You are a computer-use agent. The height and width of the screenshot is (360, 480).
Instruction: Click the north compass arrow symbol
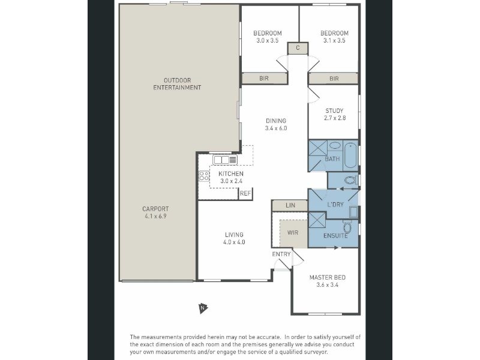pos(203,308)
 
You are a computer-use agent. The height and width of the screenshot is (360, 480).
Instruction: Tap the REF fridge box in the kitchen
pos(245,193)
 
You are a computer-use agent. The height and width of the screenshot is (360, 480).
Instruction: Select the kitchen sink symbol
pos(226,160)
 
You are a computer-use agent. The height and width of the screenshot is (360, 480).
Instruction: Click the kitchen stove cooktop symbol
pos(204,176)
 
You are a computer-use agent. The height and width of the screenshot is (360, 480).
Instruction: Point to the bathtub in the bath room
pos(350,156)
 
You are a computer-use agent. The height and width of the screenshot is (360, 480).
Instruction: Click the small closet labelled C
pos(298,48)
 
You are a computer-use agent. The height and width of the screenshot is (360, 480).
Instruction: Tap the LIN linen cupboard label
pos(290,205)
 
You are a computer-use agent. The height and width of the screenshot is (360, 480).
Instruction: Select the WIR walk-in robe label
pos(293,233)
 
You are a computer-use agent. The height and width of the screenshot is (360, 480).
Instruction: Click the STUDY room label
pos(334,111)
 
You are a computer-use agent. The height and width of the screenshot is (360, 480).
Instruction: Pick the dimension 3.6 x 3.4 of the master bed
pos(327,285)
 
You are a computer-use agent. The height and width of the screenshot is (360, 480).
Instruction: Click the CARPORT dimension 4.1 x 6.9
pos(155,217)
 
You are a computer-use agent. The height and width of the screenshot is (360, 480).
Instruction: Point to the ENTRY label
pos(281,254)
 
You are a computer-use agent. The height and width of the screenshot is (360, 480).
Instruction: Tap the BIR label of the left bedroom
pos(264,79)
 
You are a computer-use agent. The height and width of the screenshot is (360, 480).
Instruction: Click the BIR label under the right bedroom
pos(334,79)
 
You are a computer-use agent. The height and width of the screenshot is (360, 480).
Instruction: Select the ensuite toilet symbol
pos(347,226)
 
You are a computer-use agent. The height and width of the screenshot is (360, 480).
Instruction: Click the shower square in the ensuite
pos(317,220)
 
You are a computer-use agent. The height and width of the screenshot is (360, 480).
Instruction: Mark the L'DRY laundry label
pos(335,205)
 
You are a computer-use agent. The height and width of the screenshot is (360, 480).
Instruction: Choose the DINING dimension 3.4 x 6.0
pos(276,128)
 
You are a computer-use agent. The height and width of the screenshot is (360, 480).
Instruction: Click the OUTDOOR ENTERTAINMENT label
pos(177,84)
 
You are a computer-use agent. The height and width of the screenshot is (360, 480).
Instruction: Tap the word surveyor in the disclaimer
pos(316,352)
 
